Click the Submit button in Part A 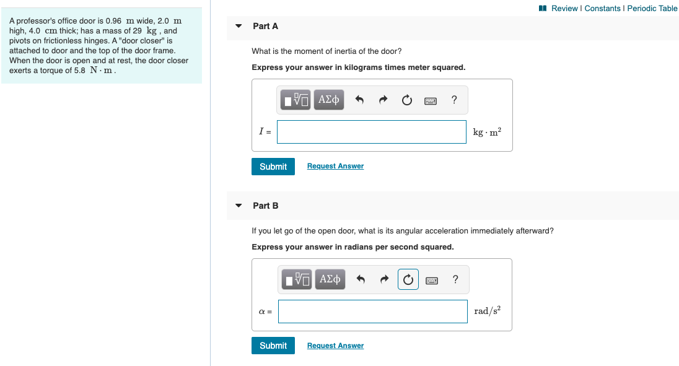[273, 167]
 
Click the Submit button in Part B [273, 346]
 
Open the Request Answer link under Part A [335, 166]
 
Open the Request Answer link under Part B [335, 346]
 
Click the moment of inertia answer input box [371, 132]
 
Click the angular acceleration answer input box [372, 312]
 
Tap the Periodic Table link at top [652, 8]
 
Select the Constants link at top [602, 8]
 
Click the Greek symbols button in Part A [329, 99]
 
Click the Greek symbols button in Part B [330, 279]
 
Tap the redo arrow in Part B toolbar [384, 279]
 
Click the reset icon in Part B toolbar [408, 279]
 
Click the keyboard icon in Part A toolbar [431, 100]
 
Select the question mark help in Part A [455, 100]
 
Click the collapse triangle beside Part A [239, 26]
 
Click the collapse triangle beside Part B [239, 206]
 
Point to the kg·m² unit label [488, 132]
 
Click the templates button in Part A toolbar [296, 99]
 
